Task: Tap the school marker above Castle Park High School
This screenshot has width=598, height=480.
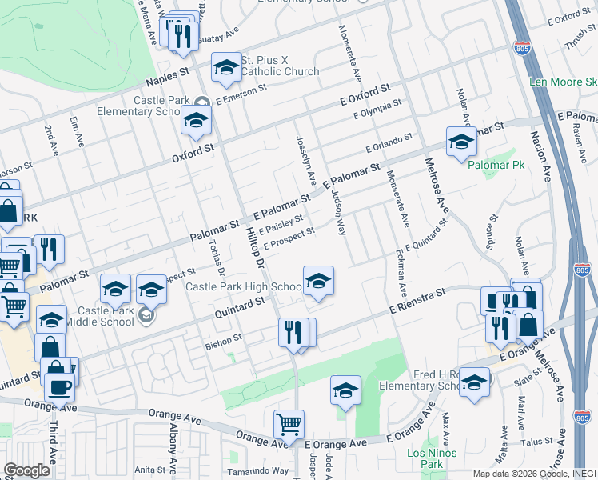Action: [x=318, y=282]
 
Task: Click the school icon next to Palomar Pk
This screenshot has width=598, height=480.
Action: [x=460, y=142]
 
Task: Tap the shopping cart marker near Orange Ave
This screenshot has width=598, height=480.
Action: [x=288, y=423]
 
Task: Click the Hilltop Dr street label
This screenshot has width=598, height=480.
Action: [x=255, y=240]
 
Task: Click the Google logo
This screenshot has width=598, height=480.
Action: [x=27, y=470]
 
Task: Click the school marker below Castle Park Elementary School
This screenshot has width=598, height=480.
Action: [x=194, y=121]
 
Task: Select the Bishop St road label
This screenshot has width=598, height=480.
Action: [x=223, y=338]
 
